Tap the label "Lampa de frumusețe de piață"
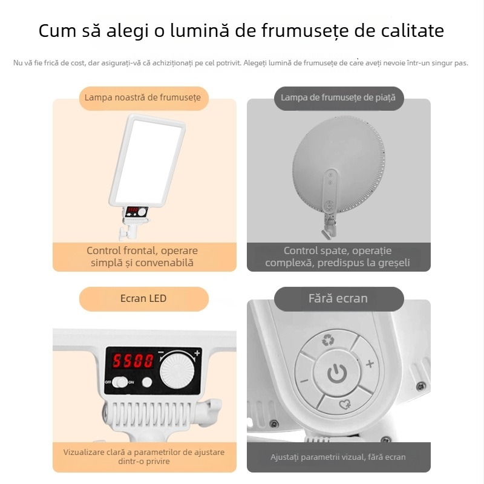338,97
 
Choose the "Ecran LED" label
143,298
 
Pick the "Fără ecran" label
338,298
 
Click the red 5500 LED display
132,362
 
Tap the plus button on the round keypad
370,364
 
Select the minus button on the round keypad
304,381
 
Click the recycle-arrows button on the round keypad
328,340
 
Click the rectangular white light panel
148,160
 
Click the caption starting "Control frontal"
142,257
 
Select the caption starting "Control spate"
338,257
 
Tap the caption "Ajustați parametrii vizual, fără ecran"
338,457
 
